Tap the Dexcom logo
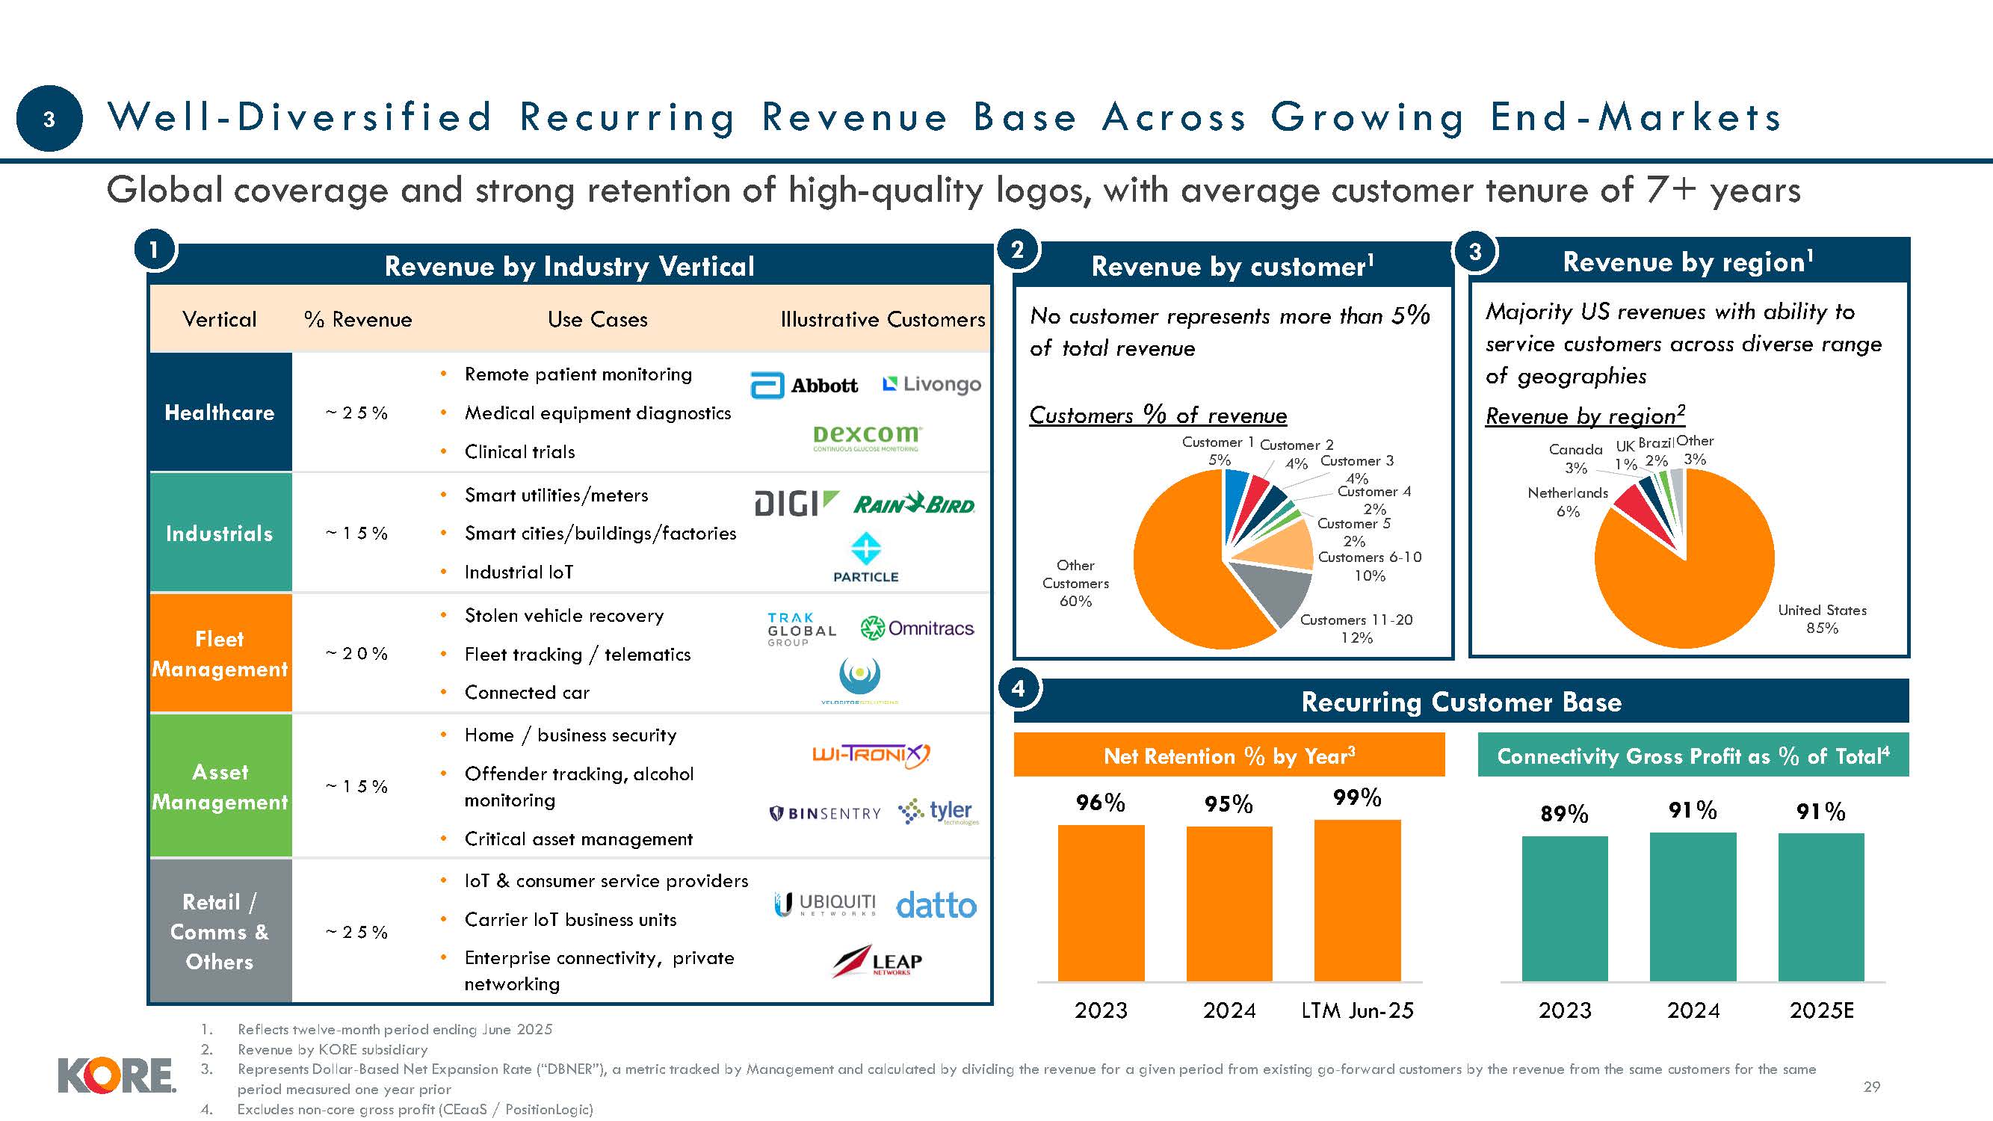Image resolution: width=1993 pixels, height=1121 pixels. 866,437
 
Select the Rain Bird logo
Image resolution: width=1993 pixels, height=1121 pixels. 914,504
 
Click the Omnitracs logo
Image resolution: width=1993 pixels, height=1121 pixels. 917,629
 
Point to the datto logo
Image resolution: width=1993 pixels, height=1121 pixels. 936,905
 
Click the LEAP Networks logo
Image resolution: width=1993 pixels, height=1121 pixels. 877,962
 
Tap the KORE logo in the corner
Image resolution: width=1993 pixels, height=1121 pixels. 116,1076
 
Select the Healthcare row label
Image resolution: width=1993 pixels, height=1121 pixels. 220,413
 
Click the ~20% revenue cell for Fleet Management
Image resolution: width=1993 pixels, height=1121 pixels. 356,653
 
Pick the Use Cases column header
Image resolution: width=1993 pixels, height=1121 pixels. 597,319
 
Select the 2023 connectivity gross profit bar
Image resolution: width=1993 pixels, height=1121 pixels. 1564,908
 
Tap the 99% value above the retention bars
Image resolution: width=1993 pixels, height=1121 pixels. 1357,797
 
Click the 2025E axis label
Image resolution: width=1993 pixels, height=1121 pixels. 1821,1010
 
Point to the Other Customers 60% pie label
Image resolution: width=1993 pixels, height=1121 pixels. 1075,583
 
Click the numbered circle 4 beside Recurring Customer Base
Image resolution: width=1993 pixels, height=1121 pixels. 1018,688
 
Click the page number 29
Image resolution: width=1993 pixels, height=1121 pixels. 1871,1086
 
